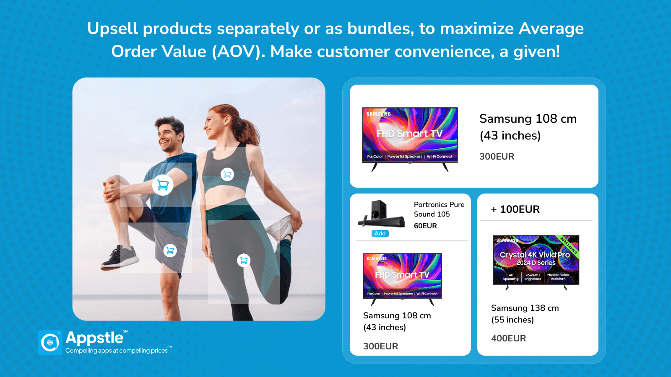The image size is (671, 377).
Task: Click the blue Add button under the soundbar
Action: point(380,233)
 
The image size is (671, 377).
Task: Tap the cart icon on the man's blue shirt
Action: point(163,185)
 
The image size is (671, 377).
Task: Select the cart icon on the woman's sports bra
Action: point(227,174)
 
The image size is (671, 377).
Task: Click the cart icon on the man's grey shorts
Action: point(170,250)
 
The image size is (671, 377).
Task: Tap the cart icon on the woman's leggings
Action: point(244,260)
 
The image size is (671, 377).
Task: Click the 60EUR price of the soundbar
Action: point(425,226)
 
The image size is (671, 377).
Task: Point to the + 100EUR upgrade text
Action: point(515,209)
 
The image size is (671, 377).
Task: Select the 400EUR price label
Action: point(508,338)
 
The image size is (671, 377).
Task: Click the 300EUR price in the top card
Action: point(497,157)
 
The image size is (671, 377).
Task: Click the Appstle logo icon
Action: point(50,342)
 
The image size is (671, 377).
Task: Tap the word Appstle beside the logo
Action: point(94,338)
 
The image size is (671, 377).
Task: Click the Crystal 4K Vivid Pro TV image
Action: point(536,262)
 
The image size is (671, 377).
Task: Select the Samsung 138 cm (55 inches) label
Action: point(525,314)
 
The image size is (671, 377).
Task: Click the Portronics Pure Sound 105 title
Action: point(439,209)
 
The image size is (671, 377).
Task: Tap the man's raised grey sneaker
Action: point(120,258)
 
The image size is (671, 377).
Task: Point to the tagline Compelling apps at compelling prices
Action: point(117,351)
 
